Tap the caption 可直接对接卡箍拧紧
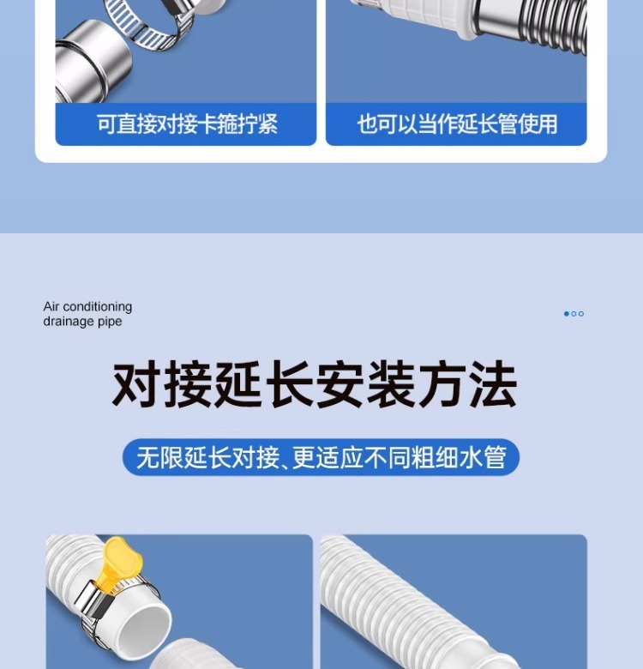pyautogui.click(x=187, y=124)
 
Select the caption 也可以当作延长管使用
pyautogui.click(x=457, y=124)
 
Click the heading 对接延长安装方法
pyautogui.click(x=315, y=383)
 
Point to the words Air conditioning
pyautogui.click(x=87, y=306)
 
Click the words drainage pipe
pyautogui.click(x=82, y=322)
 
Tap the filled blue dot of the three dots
pyautogui.click(x=566, y=314)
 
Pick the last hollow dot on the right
pyautogui.click(x=580, y=314)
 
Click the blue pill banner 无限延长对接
pyautogui.click(x=321, y=457)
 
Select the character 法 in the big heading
pyautogui.click(x=493, y=383)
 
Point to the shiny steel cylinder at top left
pyautogui.click(x=92, y=62)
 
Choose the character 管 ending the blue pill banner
pyautogui.click(x=495, y=457)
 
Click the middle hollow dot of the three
pyautogui.click(x=574, y=314)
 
